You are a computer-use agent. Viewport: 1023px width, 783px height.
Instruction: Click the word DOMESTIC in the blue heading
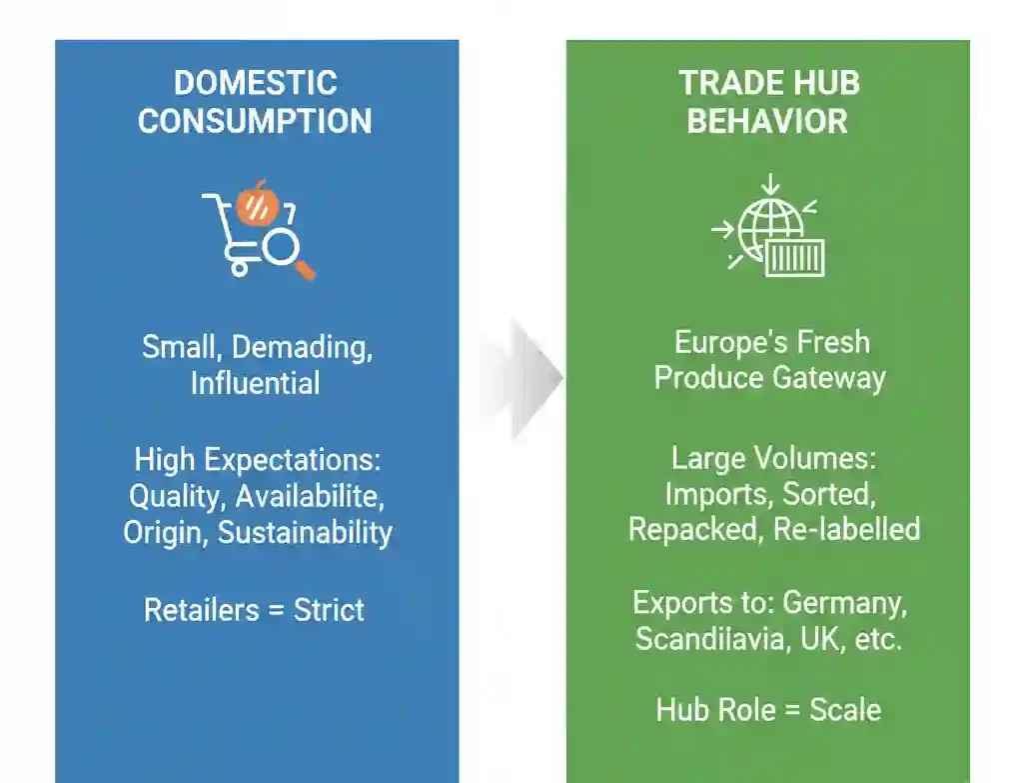(256, 83)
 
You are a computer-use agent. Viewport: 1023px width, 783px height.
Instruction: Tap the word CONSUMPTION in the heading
(255, 121)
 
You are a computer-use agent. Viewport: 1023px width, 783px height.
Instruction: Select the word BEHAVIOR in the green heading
(767, 121)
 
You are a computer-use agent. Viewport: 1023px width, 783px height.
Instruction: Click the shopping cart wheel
(240, 268)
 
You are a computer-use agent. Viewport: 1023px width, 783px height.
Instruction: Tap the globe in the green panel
(770, 229)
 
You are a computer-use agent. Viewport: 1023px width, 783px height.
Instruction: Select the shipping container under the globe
(794, 258)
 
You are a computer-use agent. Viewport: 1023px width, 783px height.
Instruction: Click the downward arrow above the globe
(770, 184)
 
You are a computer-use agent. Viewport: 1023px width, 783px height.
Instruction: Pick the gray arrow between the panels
(521, 377)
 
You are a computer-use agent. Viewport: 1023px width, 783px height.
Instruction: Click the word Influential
(256, 383)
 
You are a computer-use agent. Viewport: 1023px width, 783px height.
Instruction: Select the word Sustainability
(306, 533)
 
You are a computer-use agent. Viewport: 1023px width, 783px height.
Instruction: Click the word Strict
(329, 610)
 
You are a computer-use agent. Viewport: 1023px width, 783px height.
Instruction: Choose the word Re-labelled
(847, 530)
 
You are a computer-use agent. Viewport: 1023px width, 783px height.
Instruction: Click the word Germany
(845, 603)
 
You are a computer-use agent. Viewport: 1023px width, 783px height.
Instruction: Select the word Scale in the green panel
(845, 710)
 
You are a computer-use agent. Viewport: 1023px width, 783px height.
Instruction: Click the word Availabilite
(310, 496)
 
